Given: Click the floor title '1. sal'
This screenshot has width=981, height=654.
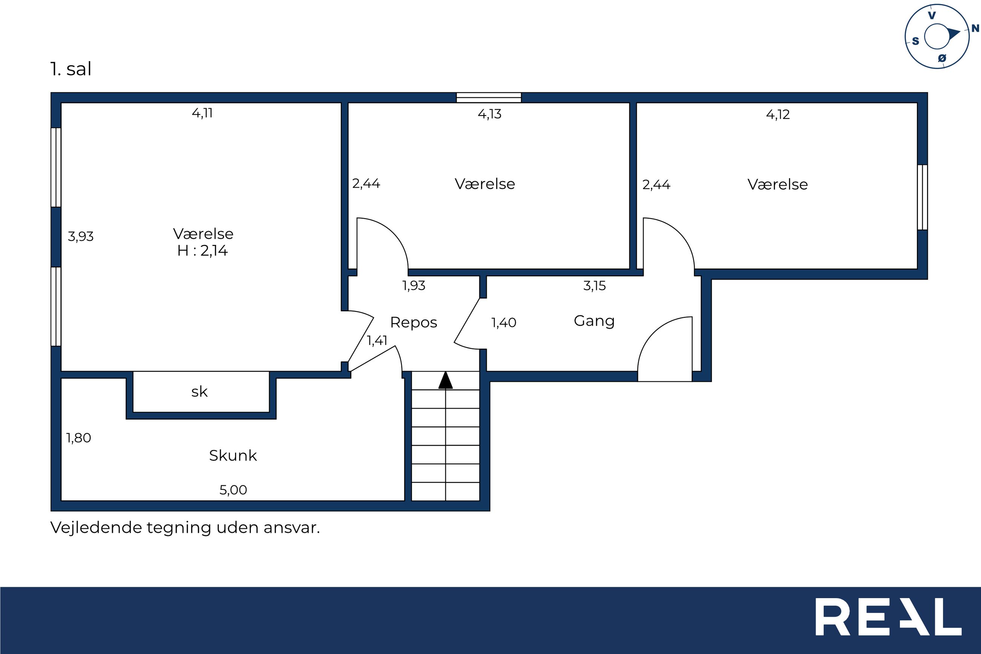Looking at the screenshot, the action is [x=71, y=69].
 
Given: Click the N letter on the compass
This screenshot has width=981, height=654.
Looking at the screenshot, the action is [x=975, y=28].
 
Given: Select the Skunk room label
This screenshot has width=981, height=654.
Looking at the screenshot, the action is [x=233, y=455].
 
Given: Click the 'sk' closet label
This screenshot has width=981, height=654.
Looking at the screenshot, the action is [x=199, y=391].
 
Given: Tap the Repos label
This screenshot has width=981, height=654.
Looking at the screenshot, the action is [x=414, y=322].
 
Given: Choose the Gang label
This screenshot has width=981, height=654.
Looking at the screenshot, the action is [x=594, y=321].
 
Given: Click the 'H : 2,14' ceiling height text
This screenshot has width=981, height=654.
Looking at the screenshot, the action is [x=203, y=251].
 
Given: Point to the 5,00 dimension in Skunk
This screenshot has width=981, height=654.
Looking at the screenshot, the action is [x=233, y=490].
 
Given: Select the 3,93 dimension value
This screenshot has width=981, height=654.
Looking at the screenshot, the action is [x=80, y=237].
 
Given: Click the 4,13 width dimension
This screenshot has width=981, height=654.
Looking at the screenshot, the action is [x=489, y=114].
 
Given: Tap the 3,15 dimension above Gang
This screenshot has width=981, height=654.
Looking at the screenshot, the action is [x=594, y=286].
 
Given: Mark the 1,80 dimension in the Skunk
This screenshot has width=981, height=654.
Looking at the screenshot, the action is [x=78, y=438].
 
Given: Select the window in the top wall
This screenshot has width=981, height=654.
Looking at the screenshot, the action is [x=489, y=98].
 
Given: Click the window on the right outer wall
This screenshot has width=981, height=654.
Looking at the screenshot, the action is [x=922, y=197].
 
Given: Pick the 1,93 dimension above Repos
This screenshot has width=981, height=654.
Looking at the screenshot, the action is [x=414, y=286].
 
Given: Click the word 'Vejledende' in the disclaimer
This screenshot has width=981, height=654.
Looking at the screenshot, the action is [x=96, y=528].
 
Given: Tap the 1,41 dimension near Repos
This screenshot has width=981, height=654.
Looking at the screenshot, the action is [x=377, y=341].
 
